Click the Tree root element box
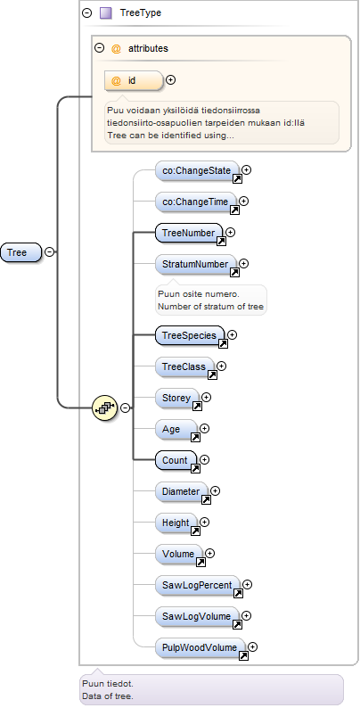[20, 252]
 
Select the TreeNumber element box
[189, 233]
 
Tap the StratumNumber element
[196, 264]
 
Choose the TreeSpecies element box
[190, 335]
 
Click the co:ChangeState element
[197, 170]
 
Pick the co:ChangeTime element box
[195, 202]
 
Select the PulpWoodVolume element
[200, 647]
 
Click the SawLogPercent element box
[197, 585]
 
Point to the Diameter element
[182, 491]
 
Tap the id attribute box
[133, 81]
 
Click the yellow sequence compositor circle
[104, 408]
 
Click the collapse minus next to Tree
[50, 252]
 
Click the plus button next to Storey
[207, 397]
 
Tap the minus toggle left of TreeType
[86, 13]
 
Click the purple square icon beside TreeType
[105, 13]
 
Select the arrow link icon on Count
[195, 469]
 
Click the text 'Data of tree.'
[108, 696]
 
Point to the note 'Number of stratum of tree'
[210, 307]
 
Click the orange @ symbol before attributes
[116, 48]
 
